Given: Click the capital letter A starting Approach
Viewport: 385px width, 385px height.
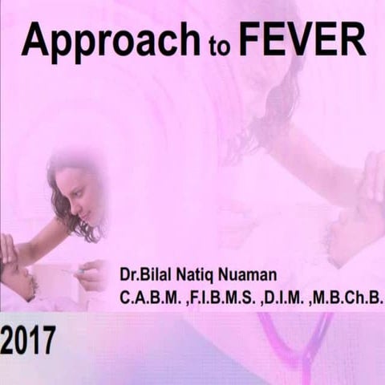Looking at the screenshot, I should tap(35, 39).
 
